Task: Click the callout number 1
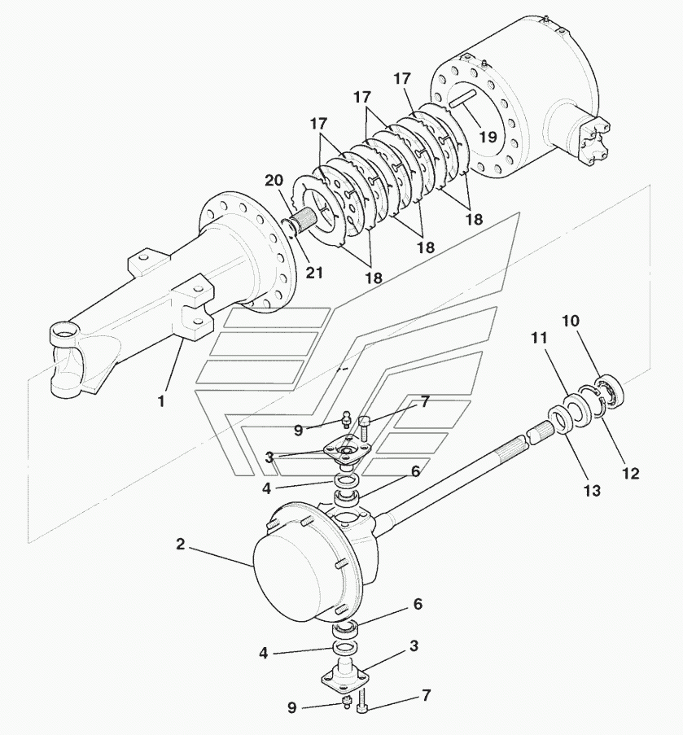161,401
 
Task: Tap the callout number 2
181,545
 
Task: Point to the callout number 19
488,137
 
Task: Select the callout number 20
274,180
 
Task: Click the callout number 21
313,273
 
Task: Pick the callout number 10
571,321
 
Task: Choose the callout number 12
631,474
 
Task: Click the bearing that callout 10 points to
611,390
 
